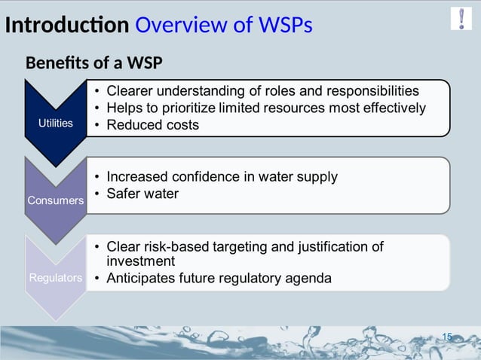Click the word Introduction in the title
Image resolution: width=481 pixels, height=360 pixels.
tap(66, 26)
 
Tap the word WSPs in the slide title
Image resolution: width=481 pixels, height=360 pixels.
tap(285, 26)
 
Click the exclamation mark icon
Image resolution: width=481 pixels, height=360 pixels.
tap(461, 18)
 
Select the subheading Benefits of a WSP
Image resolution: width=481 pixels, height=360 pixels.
tap(94, 63)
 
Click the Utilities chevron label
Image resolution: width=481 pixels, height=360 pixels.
tap(56, 122)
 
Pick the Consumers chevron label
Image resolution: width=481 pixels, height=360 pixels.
tap(56, 200)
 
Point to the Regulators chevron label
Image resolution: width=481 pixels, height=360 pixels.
tap(56, 278)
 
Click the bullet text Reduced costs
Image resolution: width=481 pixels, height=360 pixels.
tap(153, 125)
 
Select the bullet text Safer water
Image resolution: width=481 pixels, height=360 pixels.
tap(143, 194)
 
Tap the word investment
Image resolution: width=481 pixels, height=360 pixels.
tap(141, 261)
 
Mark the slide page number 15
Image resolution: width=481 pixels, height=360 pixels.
tap(446, 337)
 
